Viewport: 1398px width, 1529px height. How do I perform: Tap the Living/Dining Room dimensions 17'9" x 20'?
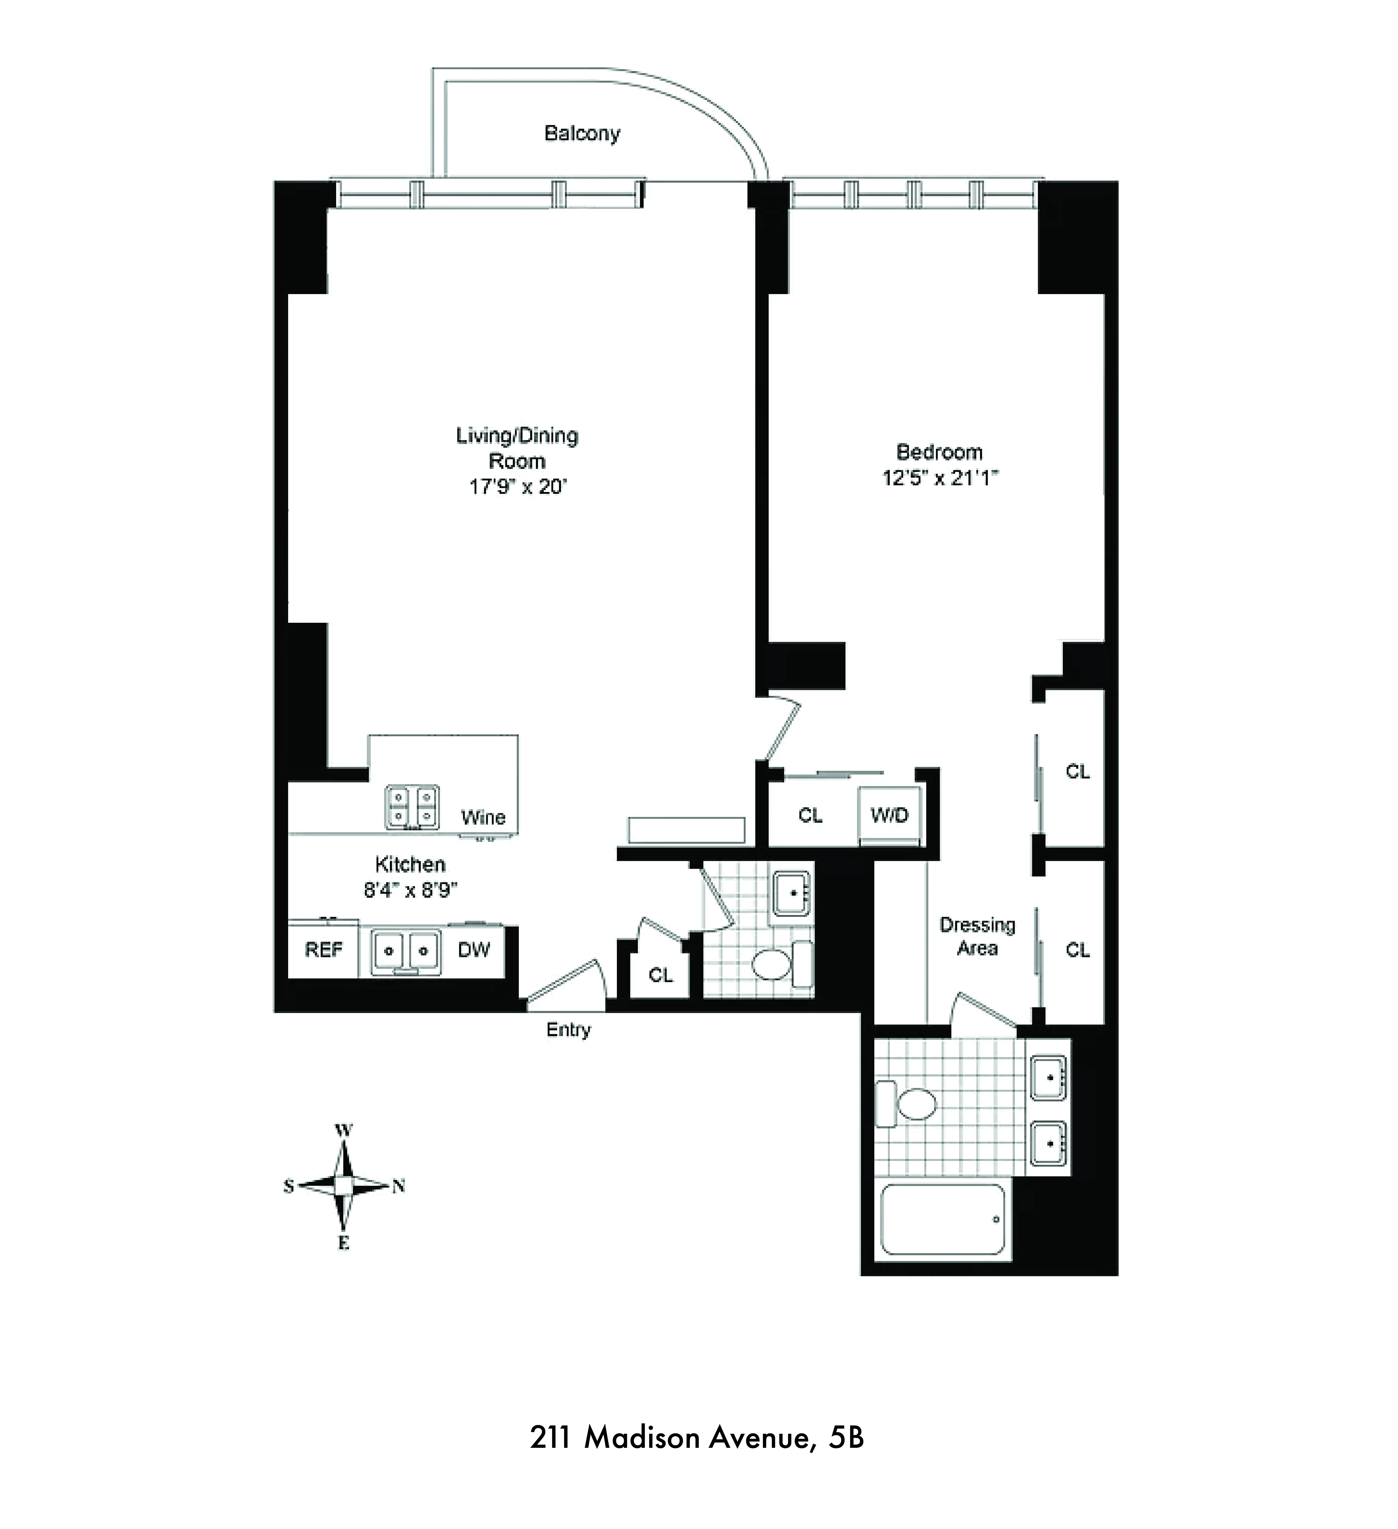point(518,486)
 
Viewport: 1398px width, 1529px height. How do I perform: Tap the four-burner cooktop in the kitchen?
point(412,806)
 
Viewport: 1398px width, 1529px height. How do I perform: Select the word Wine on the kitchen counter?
point(483,818)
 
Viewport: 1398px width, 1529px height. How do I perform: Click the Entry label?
point(568,1030)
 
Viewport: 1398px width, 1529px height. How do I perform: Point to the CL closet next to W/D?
point(810,815)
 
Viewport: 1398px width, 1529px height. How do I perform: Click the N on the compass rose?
point(398,1186)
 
